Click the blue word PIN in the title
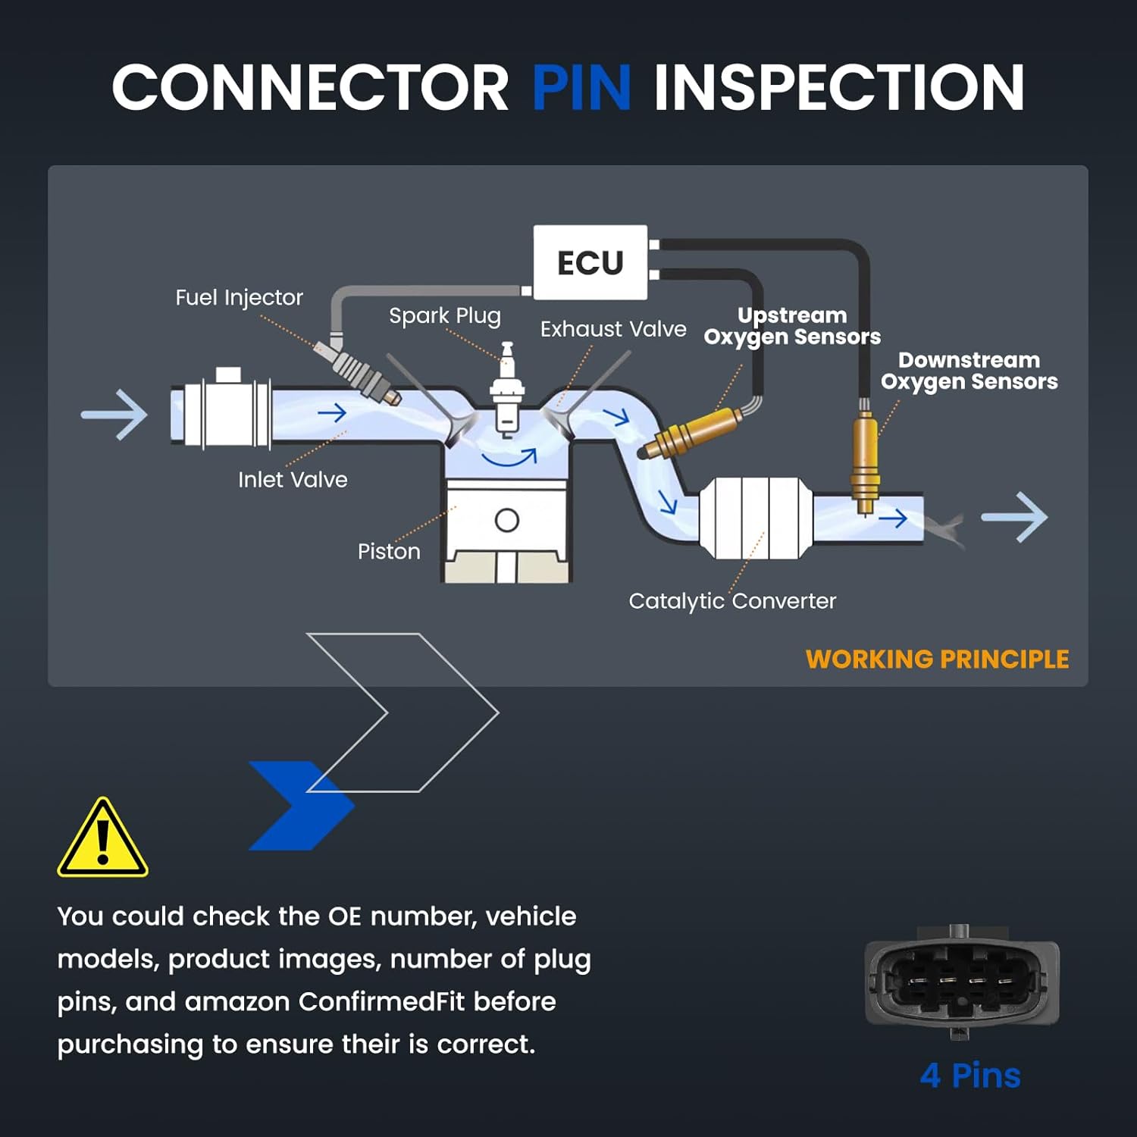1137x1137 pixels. [x=581, y=87]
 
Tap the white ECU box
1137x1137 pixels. [x=590, y=262]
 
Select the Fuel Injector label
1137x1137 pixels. [x=239, y=297]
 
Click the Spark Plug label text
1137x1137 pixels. [x=445, y=315]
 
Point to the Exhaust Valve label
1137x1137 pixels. [x=613, y=329]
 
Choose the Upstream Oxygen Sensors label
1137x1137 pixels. [x=792, y=326]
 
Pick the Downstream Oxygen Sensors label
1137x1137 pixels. [x=969, y=371]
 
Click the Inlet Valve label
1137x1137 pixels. [x=293, y=480]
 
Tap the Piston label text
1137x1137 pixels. [x=389, y=551]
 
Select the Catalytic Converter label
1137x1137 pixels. [x=732, y=601]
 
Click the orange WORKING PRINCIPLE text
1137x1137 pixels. [x=937, y=659]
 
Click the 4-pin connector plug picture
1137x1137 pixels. [x=962, y=982]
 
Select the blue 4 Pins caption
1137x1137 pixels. [x=970, y=1076]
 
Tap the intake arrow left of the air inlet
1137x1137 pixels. [x=114, y=415]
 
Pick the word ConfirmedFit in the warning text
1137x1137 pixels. [x=381, y=1002]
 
